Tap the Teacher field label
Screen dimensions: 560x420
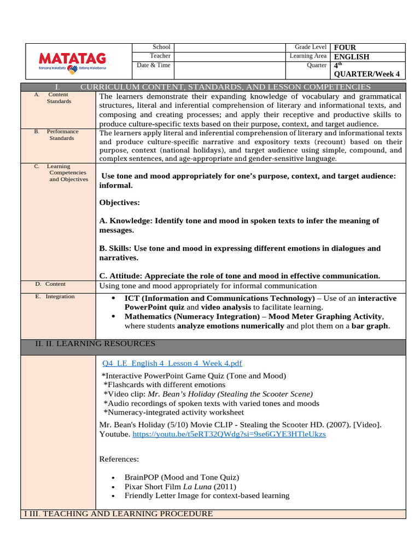[x=160, y=56]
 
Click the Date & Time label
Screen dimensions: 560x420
[x=154, y=66]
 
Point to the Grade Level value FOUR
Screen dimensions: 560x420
[x=345, y=48]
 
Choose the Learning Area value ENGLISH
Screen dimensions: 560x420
[x=351, y=57]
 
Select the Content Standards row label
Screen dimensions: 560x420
[x=59, y=98]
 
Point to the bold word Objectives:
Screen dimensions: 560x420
[x=119, y=203]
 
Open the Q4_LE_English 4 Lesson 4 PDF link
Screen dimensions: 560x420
[x=172, y=364]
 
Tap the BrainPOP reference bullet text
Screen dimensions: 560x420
[x=182, y=477]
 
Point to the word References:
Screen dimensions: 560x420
[x=119, y=459]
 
